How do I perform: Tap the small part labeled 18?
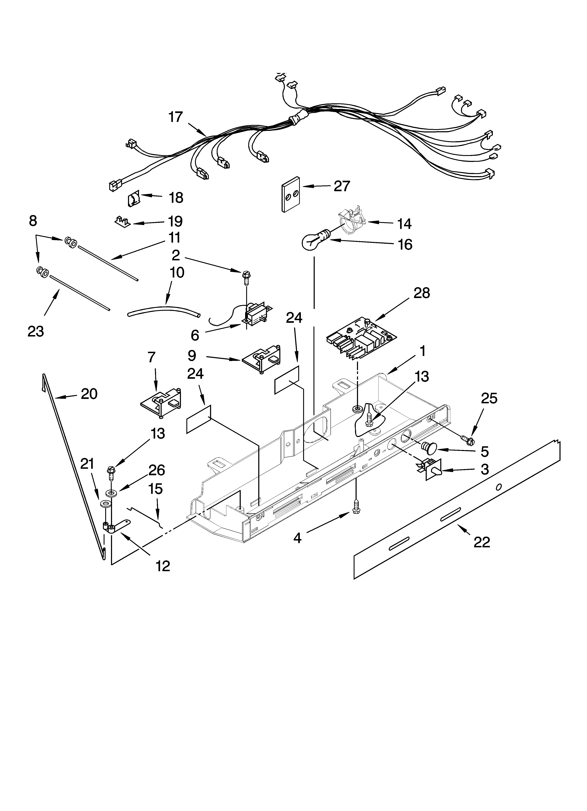click(x=133, y=199)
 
